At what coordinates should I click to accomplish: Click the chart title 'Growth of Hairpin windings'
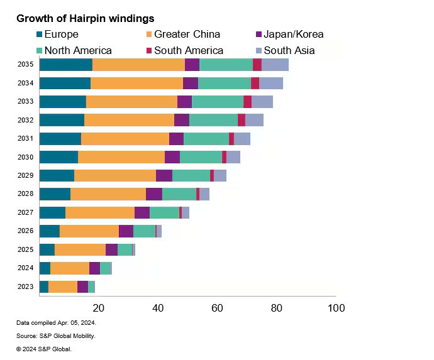(85, 19)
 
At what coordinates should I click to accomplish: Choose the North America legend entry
(74, 50)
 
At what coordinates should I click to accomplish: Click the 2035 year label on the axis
(25, 65)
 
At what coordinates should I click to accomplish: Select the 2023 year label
(25, 287)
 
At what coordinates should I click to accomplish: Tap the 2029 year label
(25, 176)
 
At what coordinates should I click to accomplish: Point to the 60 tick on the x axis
(217, 308)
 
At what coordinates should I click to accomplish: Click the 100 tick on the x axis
(336, 308)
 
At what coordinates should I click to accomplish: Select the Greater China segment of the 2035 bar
(138, 65)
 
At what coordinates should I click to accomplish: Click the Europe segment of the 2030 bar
(58, 157)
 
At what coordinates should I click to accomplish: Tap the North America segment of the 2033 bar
(218, 102)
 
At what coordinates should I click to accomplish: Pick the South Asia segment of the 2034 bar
(271, 83)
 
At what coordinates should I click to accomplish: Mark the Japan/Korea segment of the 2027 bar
(142, 213)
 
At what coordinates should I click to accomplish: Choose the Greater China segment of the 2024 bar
(70, 268)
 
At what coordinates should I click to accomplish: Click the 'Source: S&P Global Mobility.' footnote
(56, 336)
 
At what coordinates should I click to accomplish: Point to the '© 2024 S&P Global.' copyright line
(44, 349)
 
